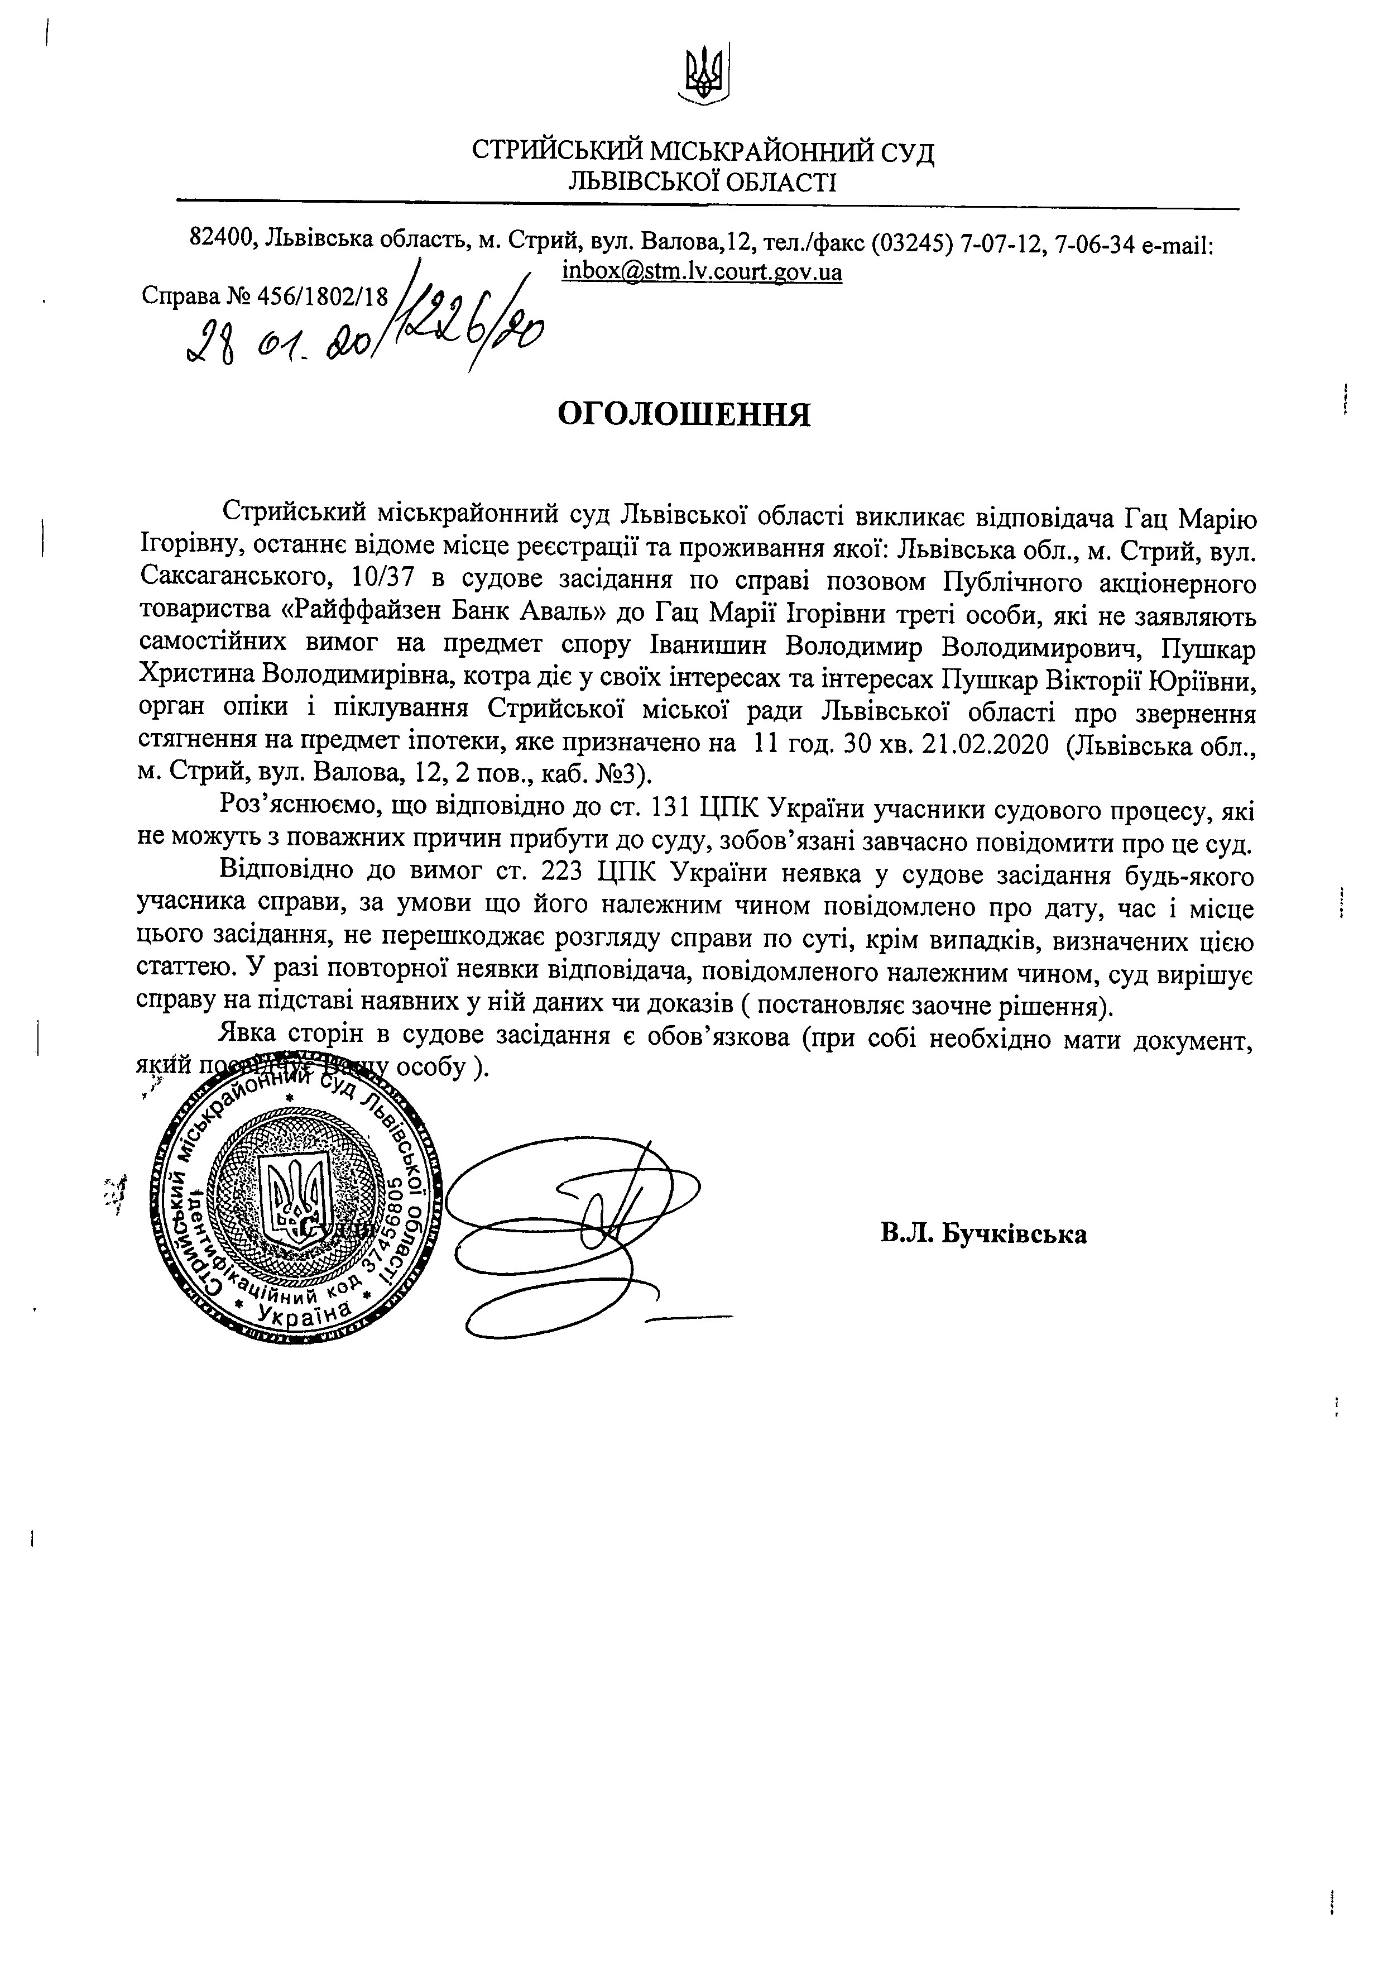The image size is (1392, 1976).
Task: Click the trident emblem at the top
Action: pyautogui.click(x=704, y=76)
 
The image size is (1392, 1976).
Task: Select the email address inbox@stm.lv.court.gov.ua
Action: pyautogui.click(x=702, y=272)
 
